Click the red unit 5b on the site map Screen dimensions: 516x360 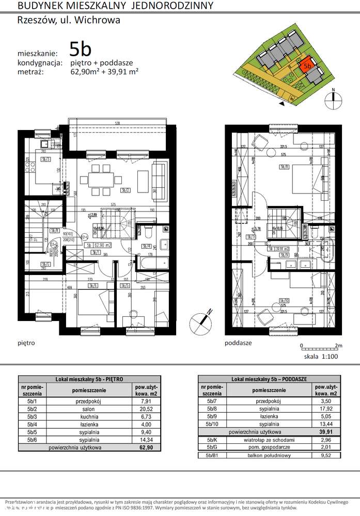click(306, 66)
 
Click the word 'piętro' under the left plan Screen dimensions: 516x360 click(26, 342)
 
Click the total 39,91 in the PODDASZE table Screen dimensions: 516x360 click(323, 431)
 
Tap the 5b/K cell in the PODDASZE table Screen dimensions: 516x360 click(211, 440)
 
